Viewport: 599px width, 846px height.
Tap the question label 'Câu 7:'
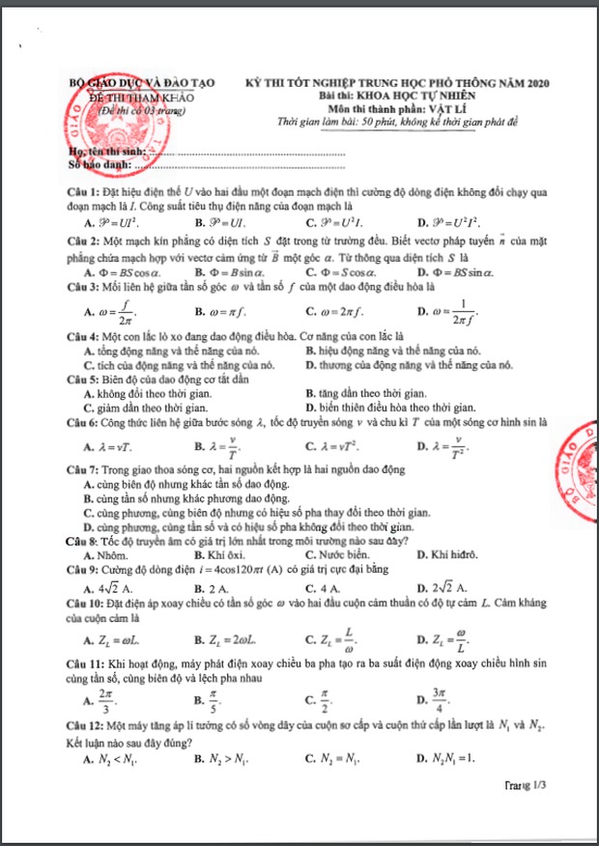click(83, 469)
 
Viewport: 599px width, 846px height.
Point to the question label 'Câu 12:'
click(86, 723)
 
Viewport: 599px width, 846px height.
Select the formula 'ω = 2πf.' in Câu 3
click(339, 312)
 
